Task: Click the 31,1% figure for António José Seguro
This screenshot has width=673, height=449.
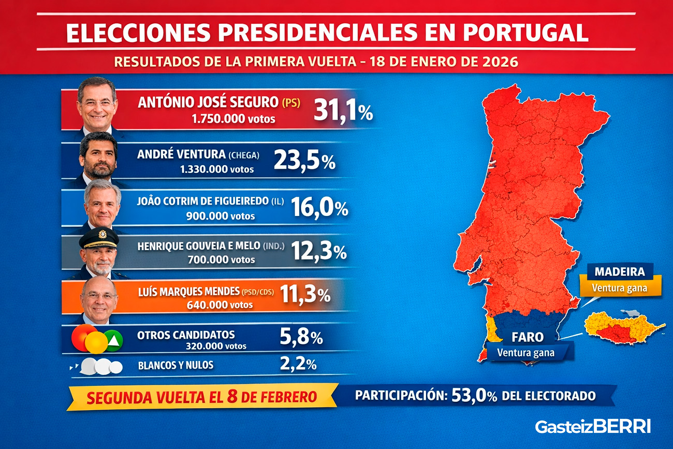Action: [343, 111]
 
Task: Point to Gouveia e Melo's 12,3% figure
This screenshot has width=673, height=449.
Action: [319, 252]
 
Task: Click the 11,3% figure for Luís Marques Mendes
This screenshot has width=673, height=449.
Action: [305, 295]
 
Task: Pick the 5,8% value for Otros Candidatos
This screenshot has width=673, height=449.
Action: [301, 338]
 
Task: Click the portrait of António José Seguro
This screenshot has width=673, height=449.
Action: [97, 104]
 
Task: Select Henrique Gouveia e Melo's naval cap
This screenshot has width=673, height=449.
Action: [99, 237]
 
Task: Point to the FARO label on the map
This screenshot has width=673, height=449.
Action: [528, 338]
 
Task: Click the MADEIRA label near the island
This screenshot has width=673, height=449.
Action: [619, 271]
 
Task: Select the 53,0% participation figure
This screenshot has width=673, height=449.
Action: [474, 396]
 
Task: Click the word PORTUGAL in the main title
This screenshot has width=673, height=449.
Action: [525, 33]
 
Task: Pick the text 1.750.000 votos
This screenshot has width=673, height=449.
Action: [233, 119]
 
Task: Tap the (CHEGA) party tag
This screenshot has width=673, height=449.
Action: [244, 155]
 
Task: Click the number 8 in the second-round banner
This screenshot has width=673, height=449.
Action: [232, 397]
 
